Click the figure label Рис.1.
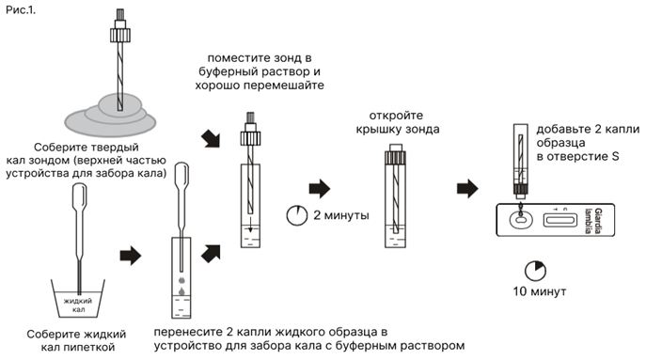point(21,10)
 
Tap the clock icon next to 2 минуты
point(296,215)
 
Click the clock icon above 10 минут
point(535,271)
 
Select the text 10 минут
point(540,291)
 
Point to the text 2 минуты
point(341,215)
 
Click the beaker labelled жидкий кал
point(78,298)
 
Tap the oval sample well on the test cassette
point(521,220)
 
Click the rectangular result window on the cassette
point(559,220)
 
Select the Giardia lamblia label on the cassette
point(594,220)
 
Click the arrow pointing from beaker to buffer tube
point(130,257)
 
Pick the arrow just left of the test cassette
point(467,189)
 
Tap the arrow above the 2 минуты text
point(320,189)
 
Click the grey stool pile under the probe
point(110,116)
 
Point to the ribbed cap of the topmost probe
point(120,35)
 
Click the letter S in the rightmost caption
point(615,157)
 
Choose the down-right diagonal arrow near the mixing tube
point(211,139)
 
